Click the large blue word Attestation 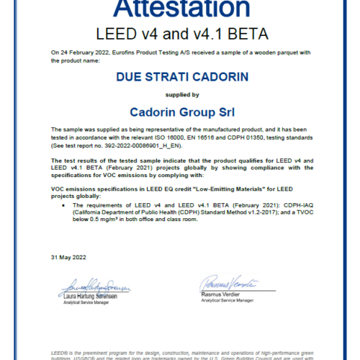pyautogui.click(x=179, y=10)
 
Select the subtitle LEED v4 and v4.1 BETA pyautogui.click(x=179, y=34)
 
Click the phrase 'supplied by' pyautogui.click(x=179, y=94)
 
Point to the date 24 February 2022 pyautogui.click(x=84, y=53)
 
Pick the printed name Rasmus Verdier pyautogui.click(x=221, y=294)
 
